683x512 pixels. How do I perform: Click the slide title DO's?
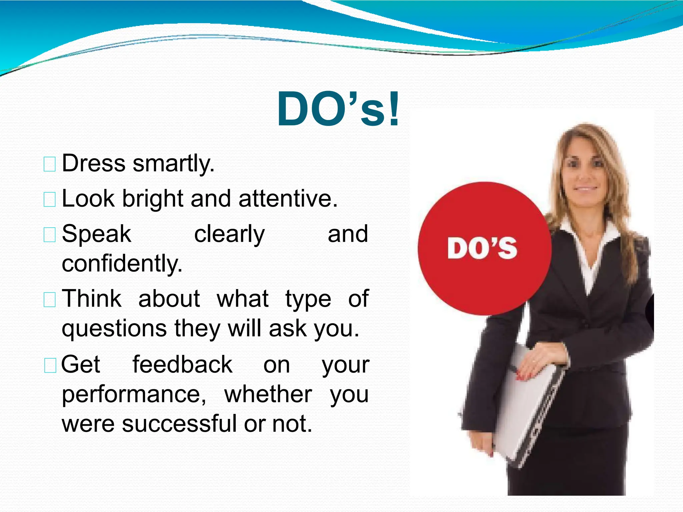click(338, 109)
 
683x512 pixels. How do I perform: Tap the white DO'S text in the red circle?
click(482, 248)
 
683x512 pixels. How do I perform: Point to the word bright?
click(153, 199)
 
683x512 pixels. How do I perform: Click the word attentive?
click(288, 199)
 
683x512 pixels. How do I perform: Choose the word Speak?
click(96, 234)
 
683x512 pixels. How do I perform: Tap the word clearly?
click(229, 234)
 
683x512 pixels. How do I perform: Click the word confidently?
click(122, 263)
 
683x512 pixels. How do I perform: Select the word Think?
click(92, 298)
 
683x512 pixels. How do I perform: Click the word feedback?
click(182, 364)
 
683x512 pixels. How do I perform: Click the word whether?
click(268, 394)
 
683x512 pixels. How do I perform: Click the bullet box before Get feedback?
click(50, 365)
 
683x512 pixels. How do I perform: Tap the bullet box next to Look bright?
click(50, 199)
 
